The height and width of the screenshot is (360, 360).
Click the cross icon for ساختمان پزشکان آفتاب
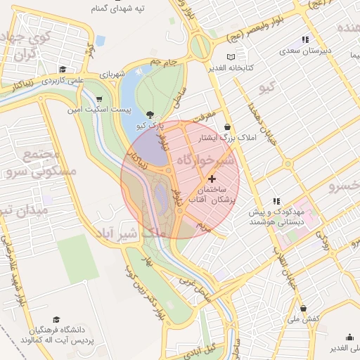pos(212,179)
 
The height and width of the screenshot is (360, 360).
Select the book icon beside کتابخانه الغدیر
pos(233,57)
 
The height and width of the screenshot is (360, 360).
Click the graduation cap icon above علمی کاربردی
pos(63,69)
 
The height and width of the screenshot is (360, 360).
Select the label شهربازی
pos(110,73)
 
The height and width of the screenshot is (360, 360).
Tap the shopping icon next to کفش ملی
pos(303,308)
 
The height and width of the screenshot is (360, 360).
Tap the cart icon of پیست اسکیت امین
pos(100,98)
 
